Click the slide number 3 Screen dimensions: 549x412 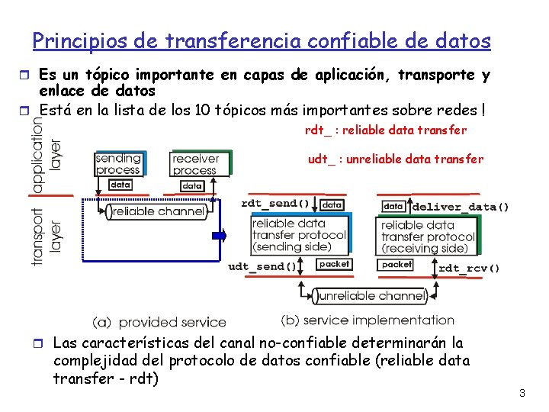click(522, 394)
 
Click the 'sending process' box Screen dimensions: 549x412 click(118, 164)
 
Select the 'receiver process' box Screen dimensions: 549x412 click(196, 164)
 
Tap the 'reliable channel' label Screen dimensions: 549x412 click(159, 211)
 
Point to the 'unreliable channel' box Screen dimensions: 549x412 click(371, 296)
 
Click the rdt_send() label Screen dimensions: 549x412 click(275, 204)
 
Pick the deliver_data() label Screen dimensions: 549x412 click(461, 207)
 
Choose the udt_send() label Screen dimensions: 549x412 click(263, 266)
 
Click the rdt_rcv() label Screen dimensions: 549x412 click(470, 268)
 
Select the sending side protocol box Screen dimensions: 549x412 click(298, 235)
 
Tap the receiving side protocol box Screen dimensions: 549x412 click(427, 237)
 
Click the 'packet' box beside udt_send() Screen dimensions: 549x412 click(334, 264)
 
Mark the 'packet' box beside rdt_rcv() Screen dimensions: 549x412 click(396, 264)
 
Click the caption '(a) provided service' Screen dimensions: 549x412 click(159, 322)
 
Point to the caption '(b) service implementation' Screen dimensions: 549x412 click(368, 320)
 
